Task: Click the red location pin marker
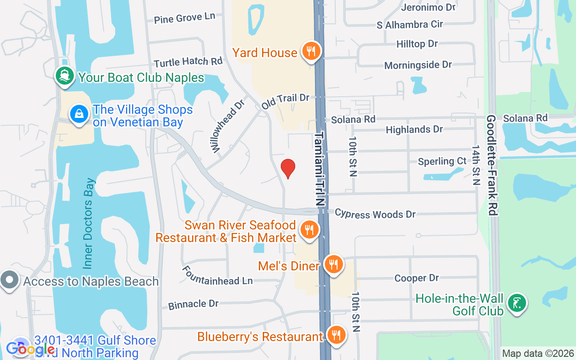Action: pos(288,168)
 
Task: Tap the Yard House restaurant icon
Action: pos(310,51)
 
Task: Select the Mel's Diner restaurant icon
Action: pos(333,265)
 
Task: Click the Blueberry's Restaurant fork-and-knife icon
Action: pos(336,335)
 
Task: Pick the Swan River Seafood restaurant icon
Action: pos(309,230)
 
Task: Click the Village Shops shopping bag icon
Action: pos(79,114)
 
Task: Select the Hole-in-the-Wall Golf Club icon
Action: pos(517,303)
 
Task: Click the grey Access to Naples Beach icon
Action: pos(9,281)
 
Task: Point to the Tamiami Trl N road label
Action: pos(319,169)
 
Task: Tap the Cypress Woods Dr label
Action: pos(375,214)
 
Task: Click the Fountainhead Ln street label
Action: pos(217,275)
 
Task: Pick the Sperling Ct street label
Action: pos(442,161)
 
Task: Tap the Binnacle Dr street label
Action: pos(193,305)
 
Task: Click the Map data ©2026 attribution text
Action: pos(538,354)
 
